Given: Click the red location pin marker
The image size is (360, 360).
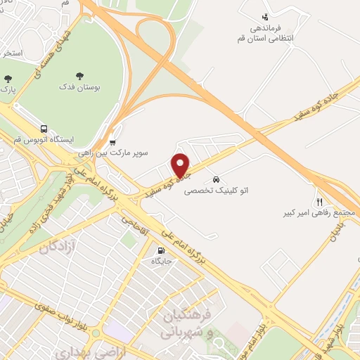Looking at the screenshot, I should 181,165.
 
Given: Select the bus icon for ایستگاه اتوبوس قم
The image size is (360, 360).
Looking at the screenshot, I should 44,129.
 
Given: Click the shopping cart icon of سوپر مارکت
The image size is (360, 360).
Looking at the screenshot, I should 113,139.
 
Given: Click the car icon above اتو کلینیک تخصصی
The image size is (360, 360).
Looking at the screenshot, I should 217,179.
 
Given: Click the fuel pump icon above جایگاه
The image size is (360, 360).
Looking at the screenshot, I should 161,250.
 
